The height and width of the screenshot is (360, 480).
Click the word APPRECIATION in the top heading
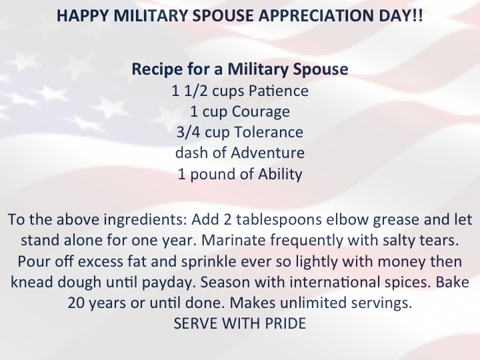(x=316, y=15)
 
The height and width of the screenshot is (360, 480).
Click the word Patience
(x=279, y=91)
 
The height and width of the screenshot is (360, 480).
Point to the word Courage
(x=261, y=112)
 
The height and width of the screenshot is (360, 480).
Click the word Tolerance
(x=269, y=132)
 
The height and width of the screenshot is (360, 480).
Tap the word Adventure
(x=267, y=153)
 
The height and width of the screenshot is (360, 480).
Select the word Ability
(x=280, y=174)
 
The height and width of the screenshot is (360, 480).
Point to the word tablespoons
(x=279, y=220)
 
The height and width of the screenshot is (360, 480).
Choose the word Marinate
(x=233, y=240)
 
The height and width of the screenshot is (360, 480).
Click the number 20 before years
(x=75, y=303)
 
